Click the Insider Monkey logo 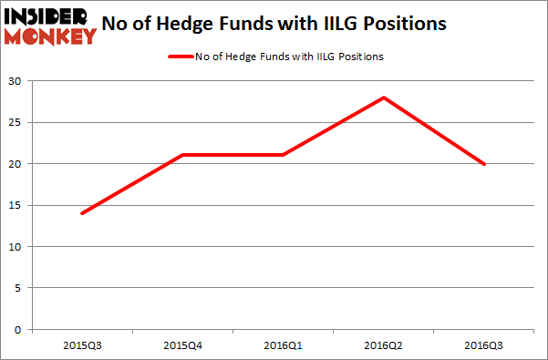click(x=50, y=26)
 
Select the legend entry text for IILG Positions click(x=289, y=57)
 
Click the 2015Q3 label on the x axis click(x=83, y=346)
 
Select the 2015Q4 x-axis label click(x=183, y=346)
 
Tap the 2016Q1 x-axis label click(x=284, y=346)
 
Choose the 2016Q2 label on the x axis click(x=384, y=346)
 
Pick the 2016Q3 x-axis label click(x=484, y=346)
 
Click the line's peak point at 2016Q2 click(x=384, y=98)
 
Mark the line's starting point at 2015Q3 click(x=83, y=213)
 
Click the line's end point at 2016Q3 click(x=484, y=164)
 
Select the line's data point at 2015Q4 click(x=183, y=155)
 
